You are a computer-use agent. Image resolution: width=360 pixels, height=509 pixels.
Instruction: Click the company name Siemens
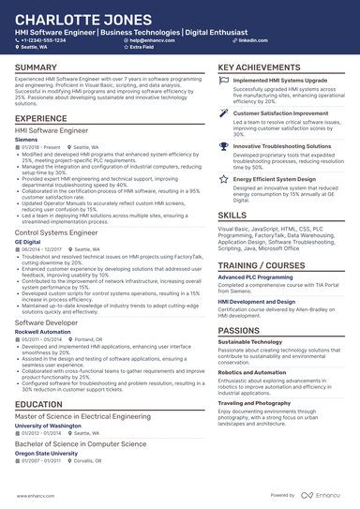point(27,138)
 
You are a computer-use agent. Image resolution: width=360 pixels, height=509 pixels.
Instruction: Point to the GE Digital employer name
point(28,240)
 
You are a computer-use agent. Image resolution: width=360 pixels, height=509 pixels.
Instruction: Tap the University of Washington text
point(47,426)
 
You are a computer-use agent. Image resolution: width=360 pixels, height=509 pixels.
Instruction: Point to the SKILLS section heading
point(232,215)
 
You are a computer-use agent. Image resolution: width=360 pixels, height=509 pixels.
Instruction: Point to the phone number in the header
point(43,41)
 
